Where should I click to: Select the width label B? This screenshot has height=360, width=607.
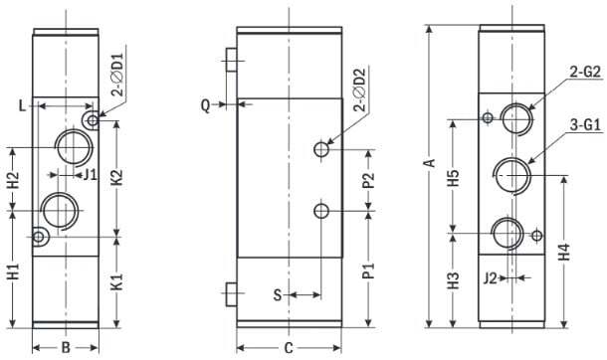click(66, 348)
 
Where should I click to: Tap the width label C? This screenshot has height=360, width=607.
click(289, 348)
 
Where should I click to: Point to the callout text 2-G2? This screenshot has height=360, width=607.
click(585, 72)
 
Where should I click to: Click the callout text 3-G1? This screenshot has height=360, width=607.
click(585, 125)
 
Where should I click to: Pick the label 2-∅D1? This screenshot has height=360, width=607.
click(117, 75)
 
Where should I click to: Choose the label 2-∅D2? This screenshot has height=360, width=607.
click(359, 90)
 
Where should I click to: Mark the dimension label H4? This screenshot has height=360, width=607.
click(564, 252)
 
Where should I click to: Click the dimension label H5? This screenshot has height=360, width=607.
click(453, 178)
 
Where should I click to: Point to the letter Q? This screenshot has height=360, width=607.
click(206, 104)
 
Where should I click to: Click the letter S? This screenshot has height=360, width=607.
click(278, 295)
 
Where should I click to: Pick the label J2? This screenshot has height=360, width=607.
click(491, 278)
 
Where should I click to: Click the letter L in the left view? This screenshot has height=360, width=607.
click(23, 105)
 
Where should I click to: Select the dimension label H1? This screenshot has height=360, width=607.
click(14, 271)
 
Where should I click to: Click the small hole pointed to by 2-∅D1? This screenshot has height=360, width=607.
click(93, 120)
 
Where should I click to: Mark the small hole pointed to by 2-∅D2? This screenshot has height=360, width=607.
click(321, 149)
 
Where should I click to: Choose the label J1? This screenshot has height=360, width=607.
click(90, 175)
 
